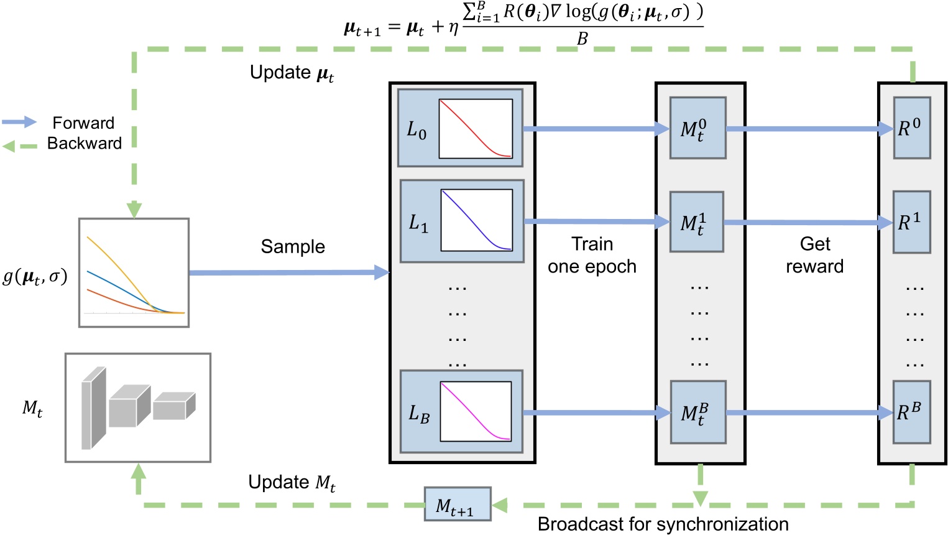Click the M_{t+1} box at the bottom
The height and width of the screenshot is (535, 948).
click(x=458, y=505)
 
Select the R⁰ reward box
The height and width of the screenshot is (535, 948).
click(x=911, y=128)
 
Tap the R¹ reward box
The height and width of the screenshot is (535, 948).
click(x=911, y=222)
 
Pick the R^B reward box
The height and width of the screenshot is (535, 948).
click(x=911, y=412)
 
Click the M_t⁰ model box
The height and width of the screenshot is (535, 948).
click(x=697, y=128)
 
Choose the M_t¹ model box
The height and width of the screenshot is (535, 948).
click(x=696, y=222)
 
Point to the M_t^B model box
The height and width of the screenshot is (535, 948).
click(x=697, y=412)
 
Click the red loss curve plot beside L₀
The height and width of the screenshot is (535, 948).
click(x=476, y=129)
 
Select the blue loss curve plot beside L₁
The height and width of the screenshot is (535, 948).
click(x=477, y=220)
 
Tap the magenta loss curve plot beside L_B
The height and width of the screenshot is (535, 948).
click(x=476, y=411)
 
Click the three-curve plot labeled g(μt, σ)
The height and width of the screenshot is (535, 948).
click(x=134, y=272)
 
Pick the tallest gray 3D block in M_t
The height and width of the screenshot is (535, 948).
click(x=93, y=408)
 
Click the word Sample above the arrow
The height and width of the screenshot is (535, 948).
click(x=292, y=247)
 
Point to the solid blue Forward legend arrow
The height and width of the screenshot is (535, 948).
click(x=20, y=122)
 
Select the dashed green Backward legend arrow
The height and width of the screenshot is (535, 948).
click(x=20, y=146)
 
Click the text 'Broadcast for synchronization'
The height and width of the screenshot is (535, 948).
click(x=663, y=524)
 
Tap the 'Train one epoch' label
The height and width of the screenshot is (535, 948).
click(x=592, y=255)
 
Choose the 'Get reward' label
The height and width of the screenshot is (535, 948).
click(x=814, y=255)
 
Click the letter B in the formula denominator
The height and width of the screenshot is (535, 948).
click(x=582, y=39)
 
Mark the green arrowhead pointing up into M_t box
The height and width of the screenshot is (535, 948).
click(x=139, y=471)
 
